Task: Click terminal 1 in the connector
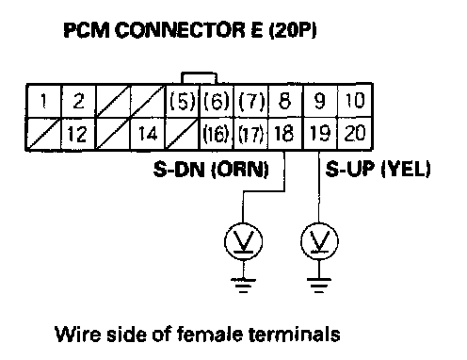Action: pyautogui.click(x=43, y=101)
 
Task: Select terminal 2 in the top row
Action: pyautogui.click(x=78, y=101)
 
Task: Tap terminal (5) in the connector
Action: pyautogui.click(x=183, y=101)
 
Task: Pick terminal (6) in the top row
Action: pyautogui.click(x=217, y=101)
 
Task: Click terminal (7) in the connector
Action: pyautogui.click(x=251, y=101)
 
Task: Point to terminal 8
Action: pyautogui.click(x=285, y=101)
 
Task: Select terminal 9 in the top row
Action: pyautogui.click(x=319, y=101)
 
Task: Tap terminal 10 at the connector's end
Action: pyautogui.click(x=355, y=101)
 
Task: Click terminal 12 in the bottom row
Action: pyautogui.click(x=78, y=134)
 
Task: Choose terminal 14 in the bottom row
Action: pyautogui.click(x=148, y=134)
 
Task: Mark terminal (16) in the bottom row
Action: pyautogui.click(x=217, y=134)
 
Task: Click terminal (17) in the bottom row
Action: pyautogui.click(x=251, y=134)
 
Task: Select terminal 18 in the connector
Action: pyautogui.click(x=285, y=134)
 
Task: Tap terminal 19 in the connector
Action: pyautogui.click(x=319, y=134)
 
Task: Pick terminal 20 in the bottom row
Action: pyautogui.click(x=355, y=134)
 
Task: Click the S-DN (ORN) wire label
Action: pyautogui.click(x=211, y=170)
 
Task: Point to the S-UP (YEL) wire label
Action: pyautogui.click(x=378, y=169)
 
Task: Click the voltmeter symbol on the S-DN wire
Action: pyautogui.click(x=243, y=241)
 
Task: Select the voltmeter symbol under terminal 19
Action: pyautogui.click(x=319, y=241)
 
